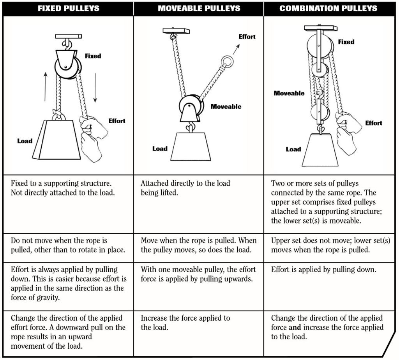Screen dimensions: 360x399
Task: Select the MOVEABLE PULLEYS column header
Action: click(198, 9)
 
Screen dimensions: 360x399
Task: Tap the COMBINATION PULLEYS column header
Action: click(328, 9)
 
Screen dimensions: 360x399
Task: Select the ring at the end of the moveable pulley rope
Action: click(227, 62)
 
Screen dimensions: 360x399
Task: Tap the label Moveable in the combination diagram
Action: click(289, 93)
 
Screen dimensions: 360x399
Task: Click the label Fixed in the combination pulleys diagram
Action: click(346, 42)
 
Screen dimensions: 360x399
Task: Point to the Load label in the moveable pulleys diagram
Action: click(160, 149)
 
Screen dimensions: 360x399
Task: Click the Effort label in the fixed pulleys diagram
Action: click(117, 121)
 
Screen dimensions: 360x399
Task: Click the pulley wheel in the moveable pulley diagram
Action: click(190, 106)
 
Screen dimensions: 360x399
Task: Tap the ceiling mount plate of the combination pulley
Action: click(320, 28)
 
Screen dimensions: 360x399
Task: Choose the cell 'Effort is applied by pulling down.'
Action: click(323, 270)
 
